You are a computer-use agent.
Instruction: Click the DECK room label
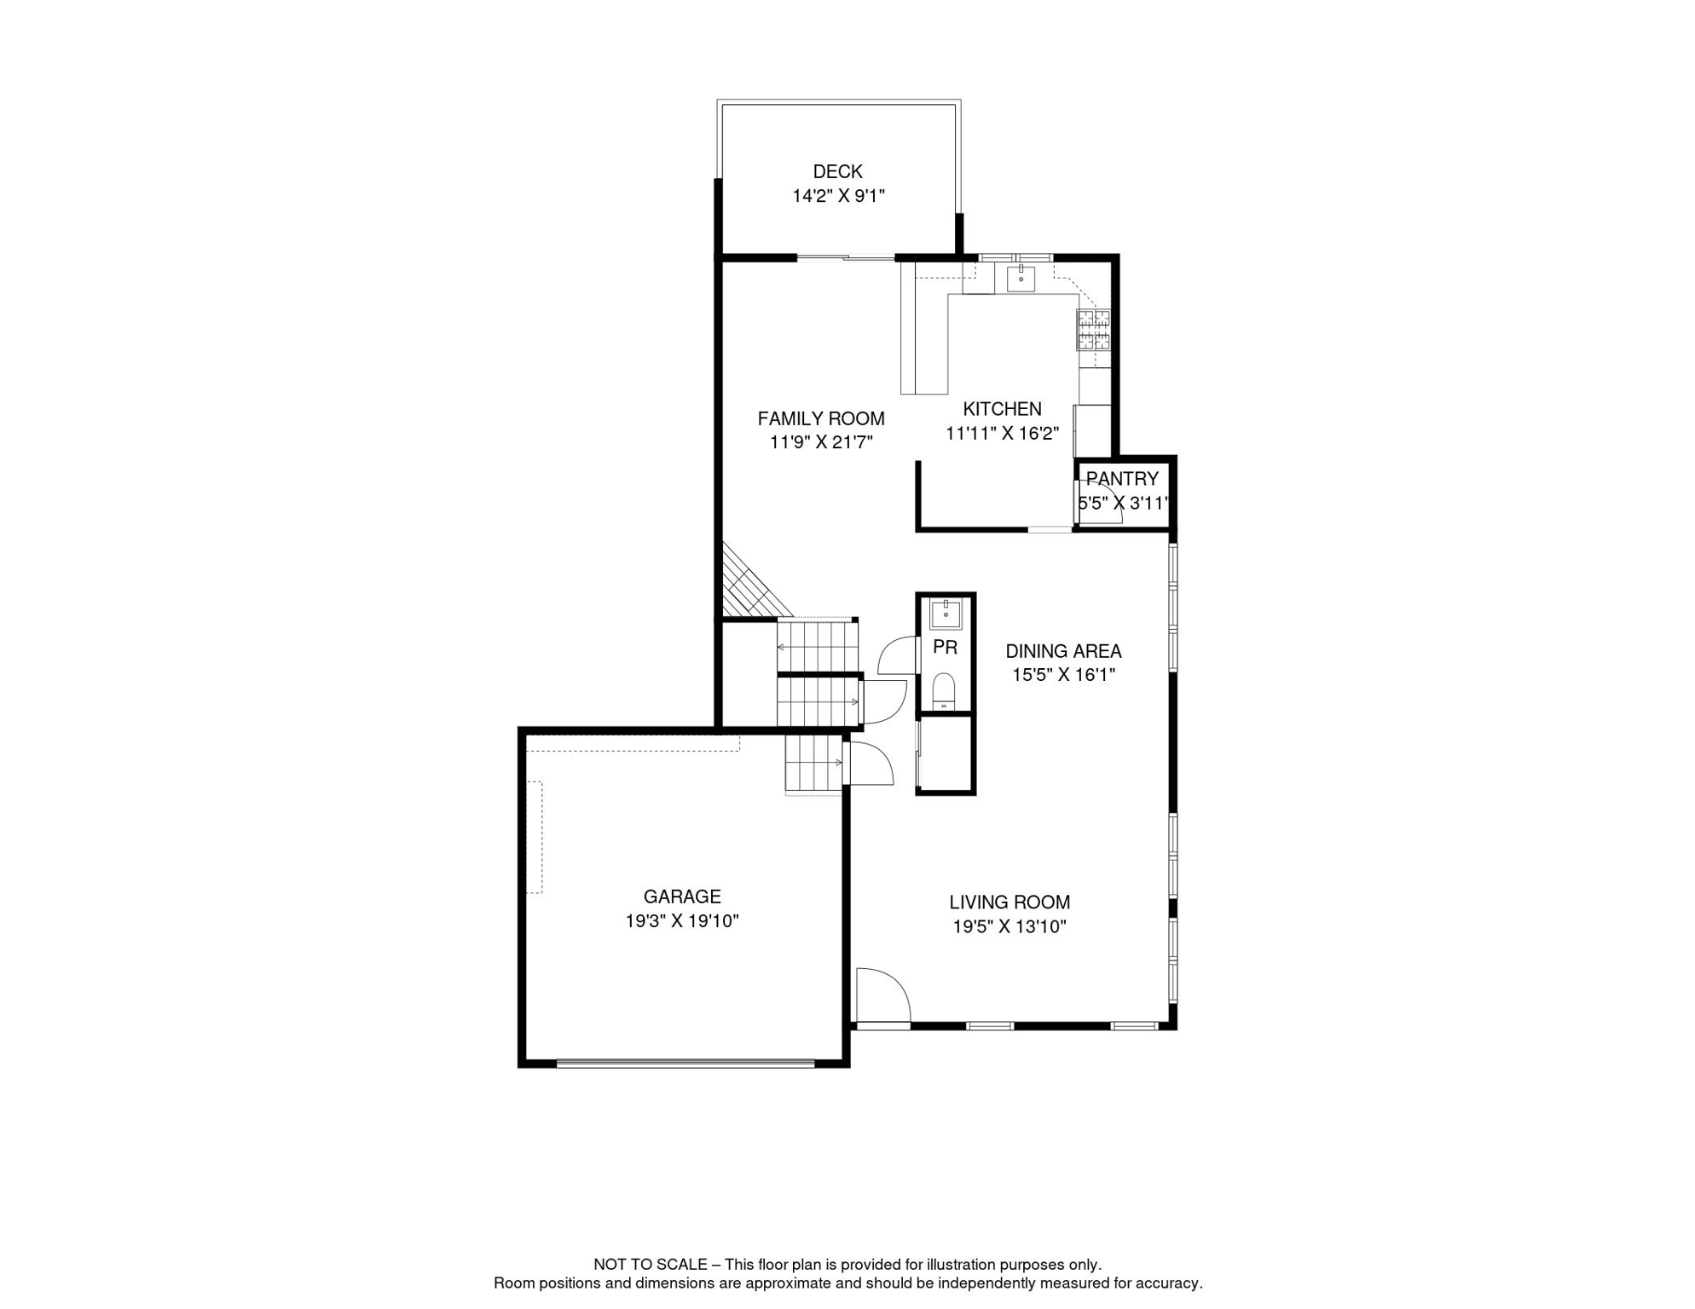tap(837, 171)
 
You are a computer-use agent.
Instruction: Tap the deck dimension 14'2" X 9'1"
tap(838, 196)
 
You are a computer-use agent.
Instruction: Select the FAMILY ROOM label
tap(821, 418)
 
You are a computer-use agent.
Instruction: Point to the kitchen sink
tap(1021, 278)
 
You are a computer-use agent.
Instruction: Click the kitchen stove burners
tap(1094, 330)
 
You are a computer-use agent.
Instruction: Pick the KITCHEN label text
tap(1002, 409)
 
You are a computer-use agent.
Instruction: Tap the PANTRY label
tap(1122, 479)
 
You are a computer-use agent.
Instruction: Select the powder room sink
tap(946, 614)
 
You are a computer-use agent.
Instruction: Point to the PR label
tap(945, 648)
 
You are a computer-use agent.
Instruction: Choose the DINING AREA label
tap(1063, 651)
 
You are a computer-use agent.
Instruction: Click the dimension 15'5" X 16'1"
tap(1063, 675)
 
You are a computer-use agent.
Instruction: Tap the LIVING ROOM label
tap(1009, 902)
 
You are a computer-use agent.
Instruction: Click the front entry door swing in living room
tap(883, 995)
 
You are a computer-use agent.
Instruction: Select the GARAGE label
tap(682, 897)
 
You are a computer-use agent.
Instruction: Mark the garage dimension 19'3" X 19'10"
tap(682, 921)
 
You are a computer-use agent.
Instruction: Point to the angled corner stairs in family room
tap(755, 581)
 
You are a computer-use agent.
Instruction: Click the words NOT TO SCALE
tap(651, 1265)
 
